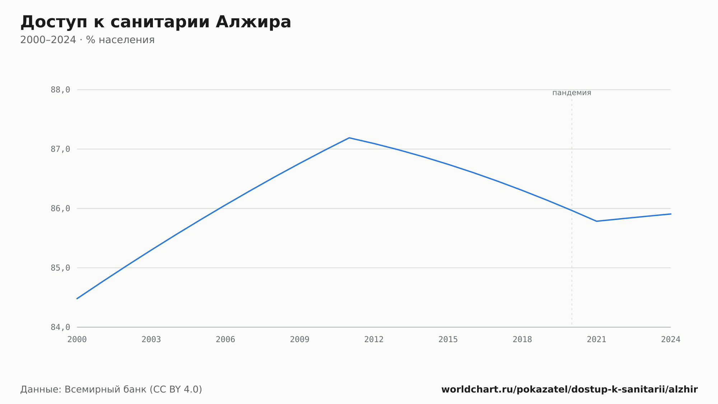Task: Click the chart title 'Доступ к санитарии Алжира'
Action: point(156,22)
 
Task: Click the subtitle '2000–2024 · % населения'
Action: point(87,40)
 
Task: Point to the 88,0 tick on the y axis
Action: point(60,90)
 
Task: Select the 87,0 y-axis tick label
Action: point(60,149)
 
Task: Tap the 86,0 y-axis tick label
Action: point(60,208)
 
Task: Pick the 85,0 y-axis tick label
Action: point(60,268)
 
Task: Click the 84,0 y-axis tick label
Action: point(60,327)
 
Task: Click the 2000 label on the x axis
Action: point(77,340)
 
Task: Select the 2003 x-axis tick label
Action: point(151,340)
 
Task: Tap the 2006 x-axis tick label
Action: point(225,340)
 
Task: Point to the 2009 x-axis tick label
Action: point(300,340)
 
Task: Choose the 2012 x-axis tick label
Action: point(374,340)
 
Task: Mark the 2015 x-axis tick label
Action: point(448,340)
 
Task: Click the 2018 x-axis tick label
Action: point(522,340)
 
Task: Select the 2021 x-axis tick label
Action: point(597,340)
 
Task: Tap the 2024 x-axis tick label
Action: point(671,340)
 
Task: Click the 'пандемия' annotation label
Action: point(572,93)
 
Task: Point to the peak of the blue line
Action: point(349,138)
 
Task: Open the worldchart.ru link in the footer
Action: point(569,390)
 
